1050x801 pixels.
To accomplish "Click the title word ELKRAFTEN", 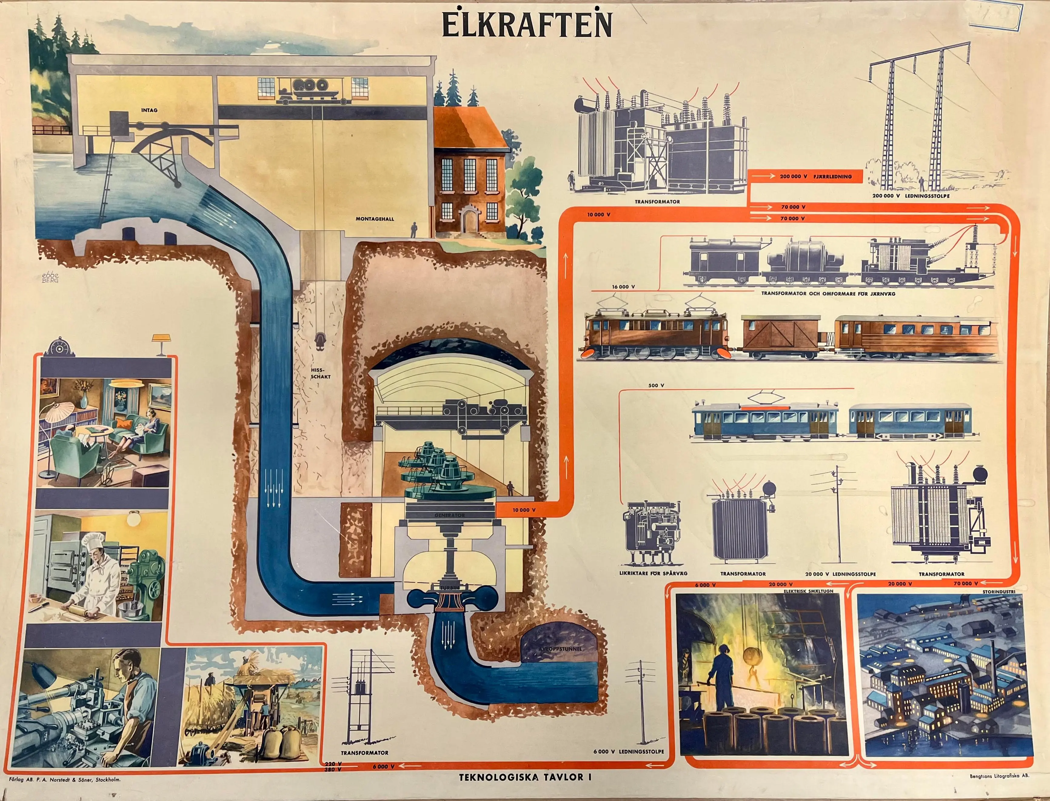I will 527,25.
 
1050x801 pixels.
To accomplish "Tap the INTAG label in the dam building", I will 149,110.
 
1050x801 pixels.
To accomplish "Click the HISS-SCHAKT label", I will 321,373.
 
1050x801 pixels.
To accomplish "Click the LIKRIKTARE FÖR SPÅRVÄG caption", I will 653,573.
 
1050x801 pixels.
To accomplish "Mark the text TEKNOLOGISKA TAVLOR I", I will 525,777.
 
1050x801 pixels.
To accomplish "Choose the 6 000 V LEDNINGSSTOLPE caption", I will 628,751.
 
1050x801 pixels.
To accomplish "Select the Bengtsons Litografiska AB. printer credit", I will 999,776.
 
